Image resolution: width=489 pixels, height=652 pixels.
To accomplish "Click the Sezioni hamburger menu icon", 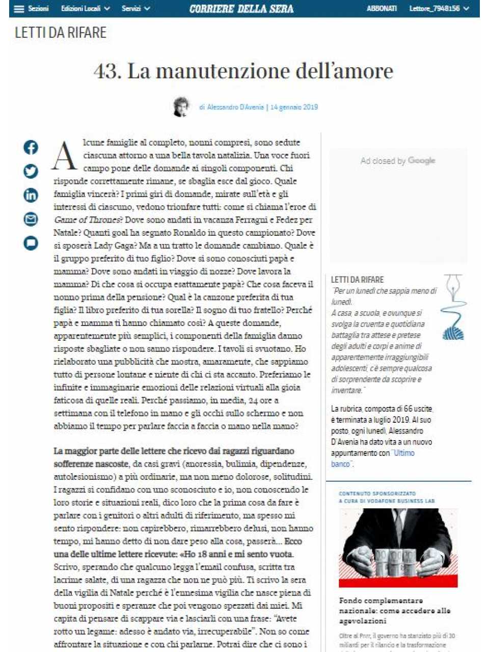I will point(19,9).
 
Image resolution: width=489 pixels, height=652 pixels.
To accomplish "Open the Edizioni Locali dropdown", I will point(85,9).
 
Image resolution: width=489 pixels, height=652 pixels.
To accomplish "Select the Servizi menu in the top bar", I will point(135,9).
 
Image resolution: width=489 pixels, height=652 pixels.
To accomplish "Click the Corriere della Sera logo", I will point(241,9).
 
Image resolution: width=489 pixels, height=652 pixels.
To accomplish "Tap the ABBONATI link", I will point(382,9).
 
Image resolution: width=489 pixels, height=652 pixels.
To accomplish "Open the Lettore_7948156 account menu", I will point(439,9).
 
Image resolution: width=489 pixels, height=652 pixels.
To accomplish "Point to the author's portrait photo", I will point(181,106).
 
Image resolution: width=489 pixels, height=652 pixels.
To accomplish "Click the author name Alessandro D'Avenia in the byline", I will point(235,107).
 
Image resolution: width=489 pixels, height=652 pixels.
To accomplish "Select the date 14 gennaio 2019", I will point(294,107).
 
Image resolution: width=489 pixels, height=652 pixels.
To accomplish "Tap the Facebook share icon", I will point(31,147).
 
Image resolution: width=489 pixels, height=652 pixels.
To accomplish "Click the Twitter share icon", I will point(31,171).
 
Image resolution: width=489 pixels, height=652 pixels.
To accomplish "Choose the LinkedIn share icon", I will point(31,195).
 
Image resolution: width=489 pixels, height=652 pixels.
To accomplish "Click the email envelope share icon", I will point(31,219).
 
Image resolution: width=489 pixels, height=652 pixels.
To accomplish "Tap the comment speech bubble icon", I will point(31,243).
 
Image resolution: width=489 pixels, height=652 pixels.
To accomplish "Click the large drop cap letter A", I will point(65,156).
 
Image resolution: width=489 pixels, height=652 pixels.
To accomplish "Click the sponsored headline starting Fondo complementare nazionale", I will point(395,610).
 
